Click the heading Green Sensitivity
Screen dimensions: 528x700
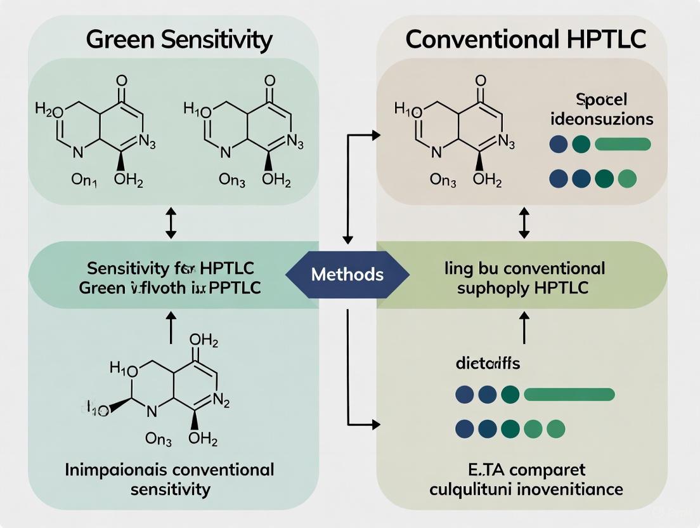point(179,39)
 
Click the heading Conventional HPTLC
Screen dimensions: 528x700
point(526,39)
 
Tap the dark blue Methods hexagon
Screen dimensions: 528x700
point(347,274)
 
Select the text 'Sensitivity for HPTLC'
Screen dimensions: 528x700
point(170,267)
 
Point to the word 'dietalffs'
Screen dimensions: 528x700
point(488,364)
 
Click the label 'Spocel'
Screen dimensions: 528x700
point(601,100)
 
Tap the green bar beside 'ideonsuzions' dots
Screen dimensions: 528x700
point(623,144)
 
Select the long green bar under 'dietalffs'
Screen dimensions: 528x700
point(569,395)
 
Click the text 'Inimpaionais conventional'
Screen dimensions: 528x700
point(170,470)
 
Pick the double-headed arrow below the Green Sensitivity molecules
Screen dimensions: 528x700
point(170,226)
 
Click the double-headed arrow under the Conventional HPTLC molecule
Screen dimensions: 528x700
point(524,226)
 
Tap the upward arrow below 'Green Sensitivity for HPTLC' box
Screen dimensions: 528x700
point(170,327)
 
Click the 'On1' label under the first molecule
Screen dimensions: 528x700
point(84,180)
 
